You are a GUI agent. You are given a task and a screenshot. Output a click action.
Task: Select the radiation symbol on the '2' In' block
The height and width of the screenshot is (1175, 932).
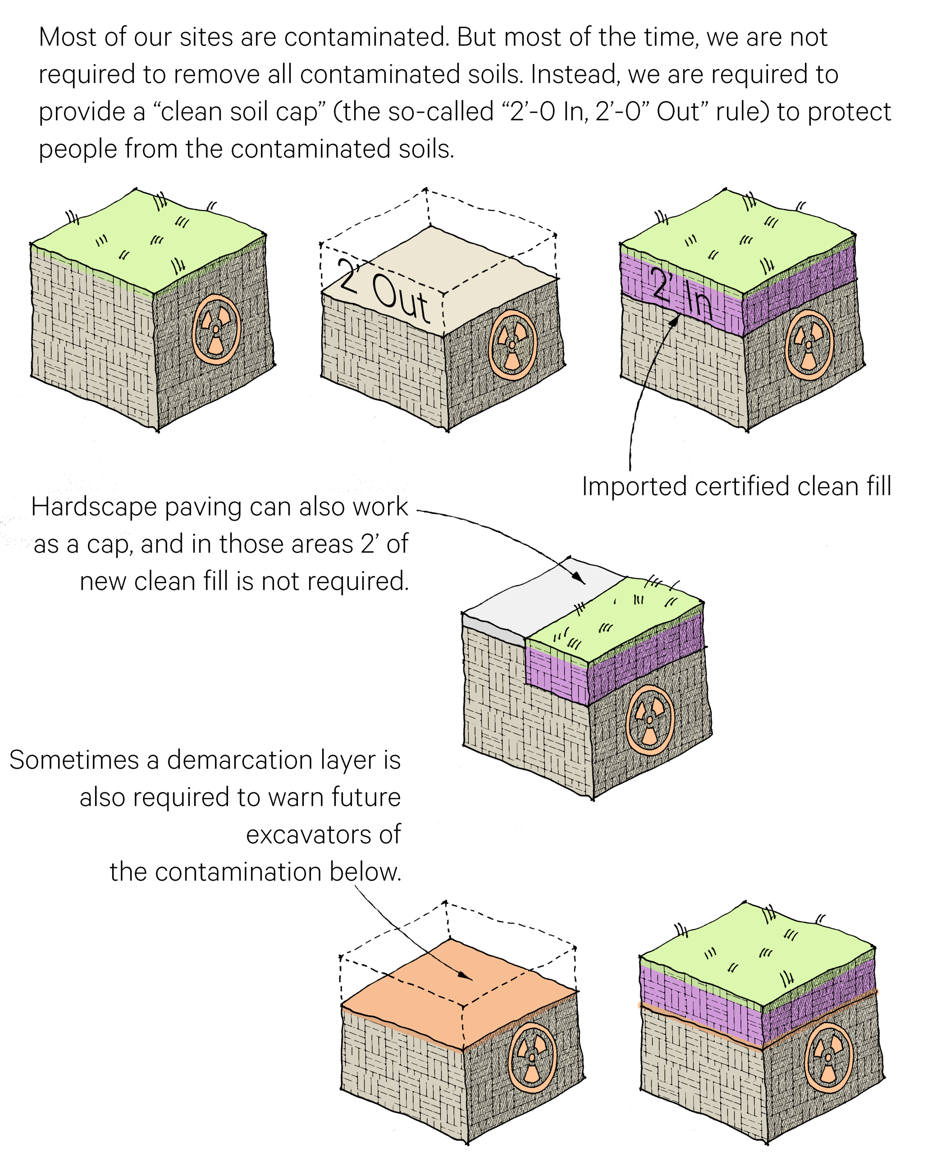point(809,344)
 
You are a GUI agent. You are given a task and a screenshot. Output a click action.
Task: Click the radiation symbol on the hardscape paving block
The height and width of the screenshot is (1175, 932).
point(649,720)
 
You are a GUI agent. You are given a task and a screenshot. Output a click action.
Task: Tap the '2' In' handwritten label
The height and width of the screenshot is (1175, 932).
point(681,294)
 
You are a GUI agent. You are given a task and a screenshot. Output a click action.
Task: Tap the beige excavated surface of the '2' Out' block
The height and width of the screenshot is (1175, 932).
point(490,261)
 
